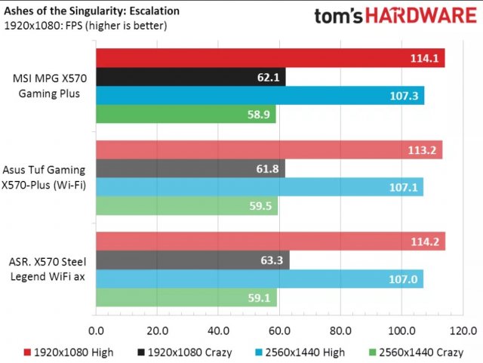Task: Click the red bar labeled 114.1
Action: [270, 58]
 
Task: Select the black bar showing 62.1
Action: [190, 77]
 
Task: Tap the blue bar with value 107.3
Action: [260, 96]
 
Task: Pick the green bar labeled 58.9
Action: [186, 115]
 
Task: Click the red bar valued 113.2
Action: [269, 149]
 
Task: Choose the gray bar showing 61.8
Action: [190, 168]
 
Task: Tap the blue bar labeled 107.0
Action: [260, 278]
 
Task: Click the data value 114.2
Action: [427, 241]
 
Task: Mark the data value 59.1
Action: [259, 297]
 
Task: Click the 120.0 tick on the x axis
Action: [462, 330]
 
